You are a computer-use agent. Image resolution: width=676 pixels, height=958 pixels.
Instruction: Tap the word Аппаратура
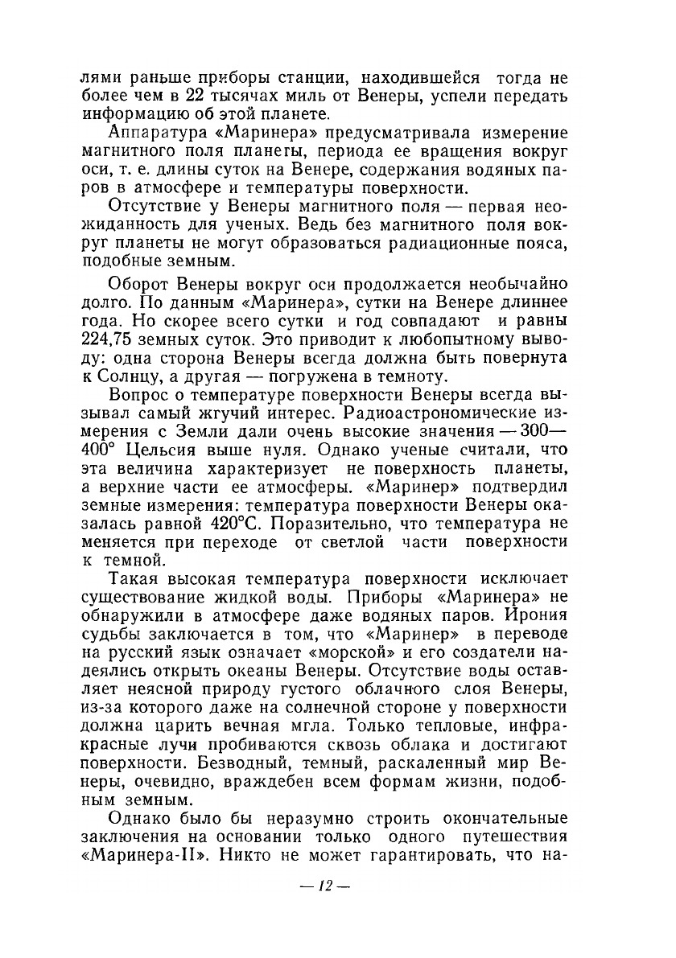point(155,132)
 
